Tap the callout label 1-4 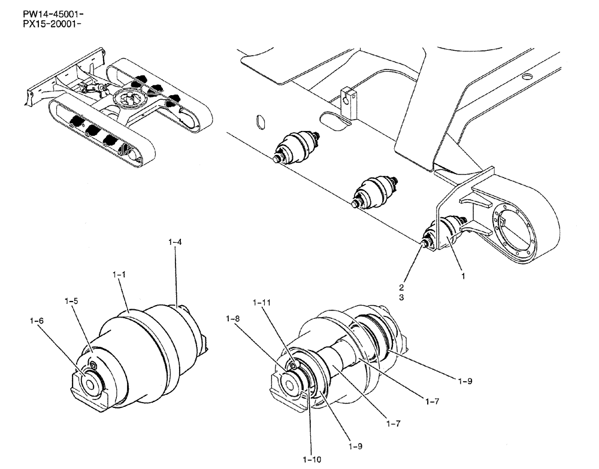click(175, 242)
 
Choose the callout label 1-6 click(37, 321)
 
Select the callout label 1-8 click(234, 320)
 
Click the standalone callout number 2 click(403, 286)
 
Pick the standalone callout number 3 click(403, 297)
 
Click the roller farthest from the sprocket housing click(297, 148)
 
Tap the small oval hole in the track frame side click(259, 121)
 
